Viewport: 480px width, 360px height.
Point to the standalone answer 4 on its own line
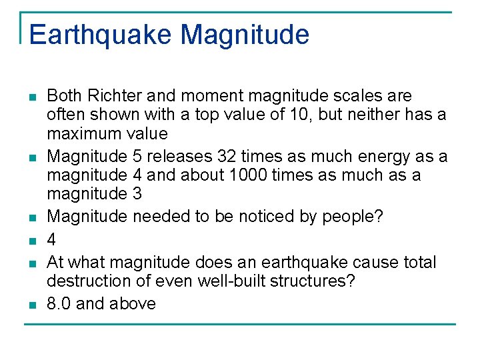(x=51, y=239)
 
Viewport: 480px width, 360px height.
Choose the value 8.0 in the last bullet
(x=59, y=304)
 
